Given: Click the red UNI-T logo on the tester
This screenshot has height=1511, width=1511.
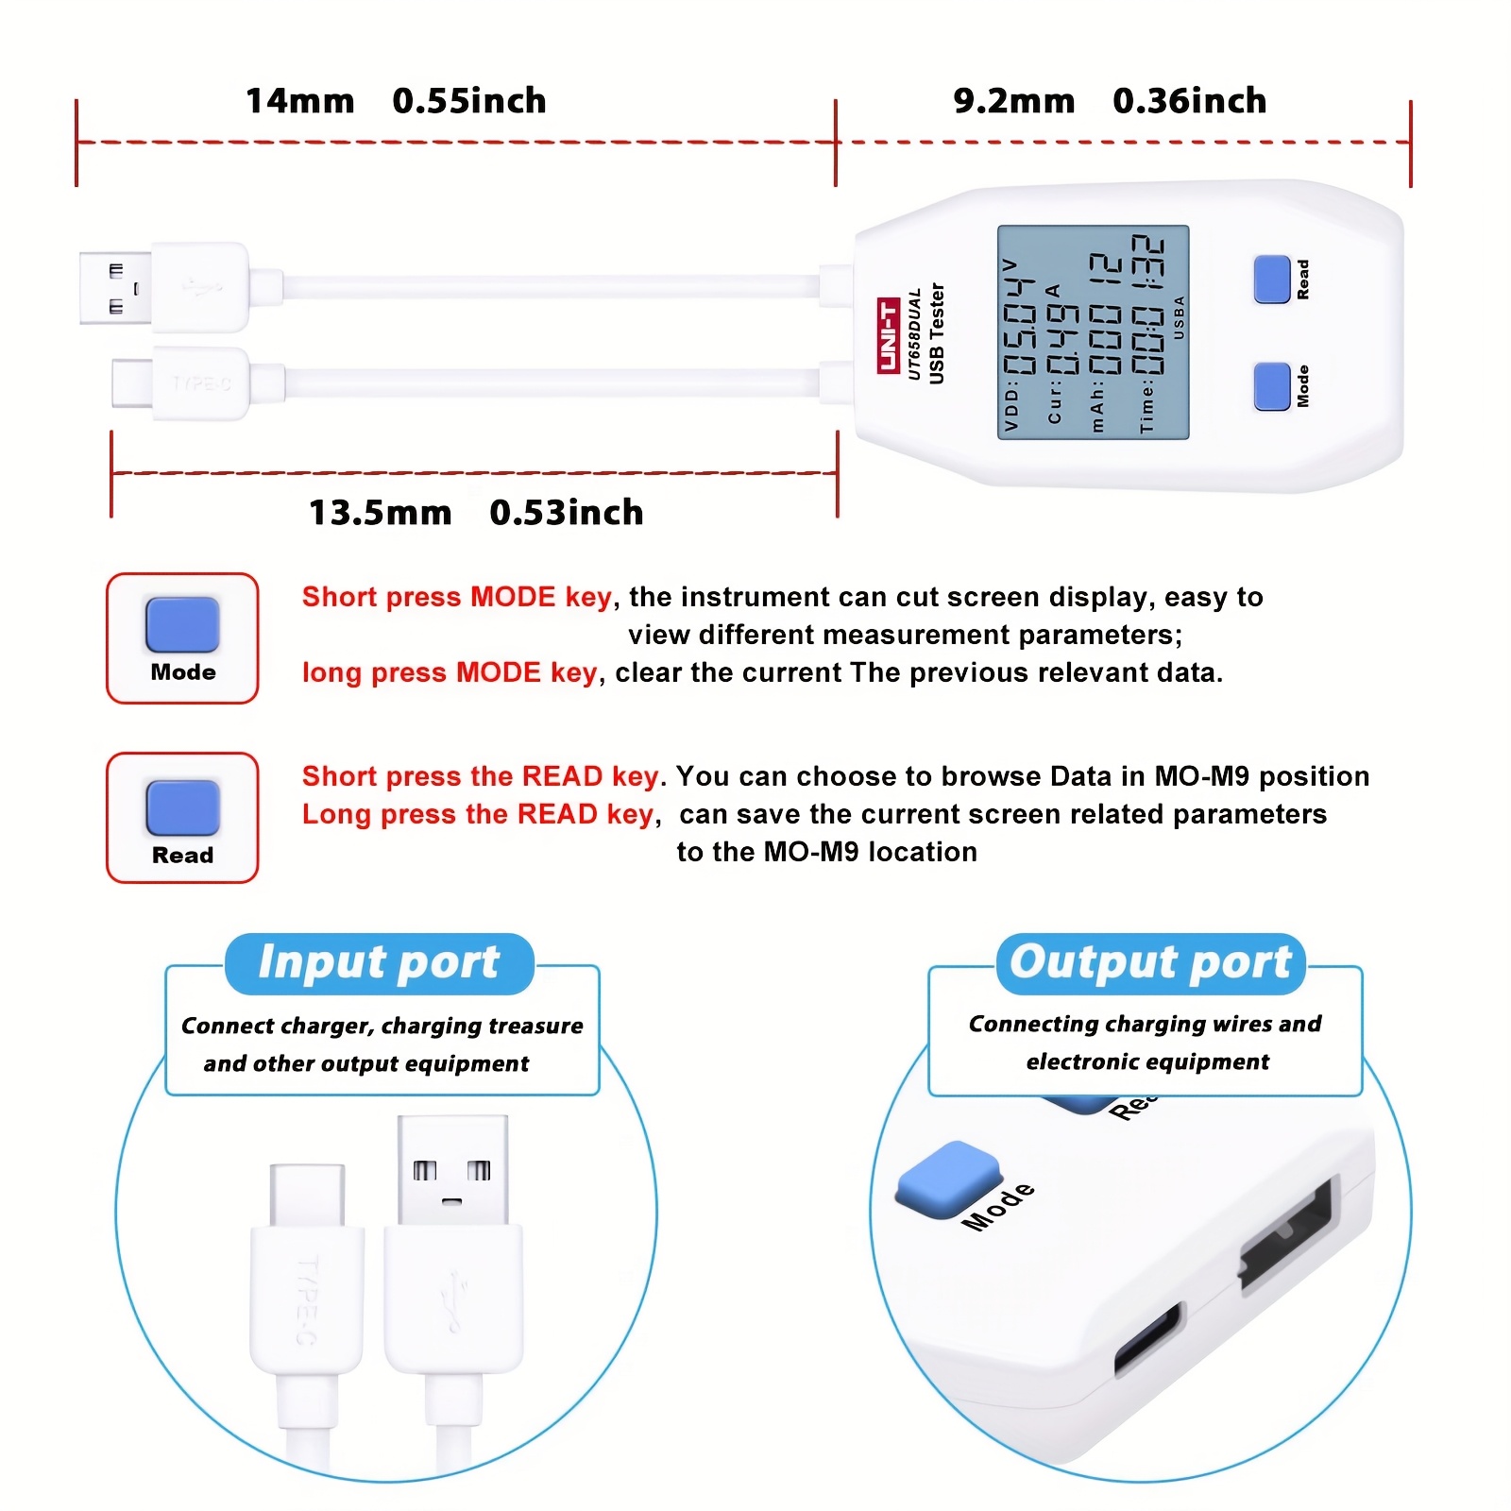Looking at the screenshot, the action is tap(888, 335).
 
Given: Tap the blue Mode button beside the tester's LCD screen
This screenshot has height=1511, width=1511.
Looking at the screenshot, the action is tap(1271, 386).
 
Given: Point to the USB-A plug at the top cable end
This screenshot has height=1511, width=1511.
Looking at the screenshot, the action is tap(115, 288).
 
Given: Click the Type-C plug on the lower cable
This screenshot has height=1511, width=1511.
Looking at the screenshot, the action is tap(132, 382).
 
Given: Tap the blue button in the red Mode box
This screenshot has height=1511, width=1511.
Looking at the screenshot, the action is tap(182, 624).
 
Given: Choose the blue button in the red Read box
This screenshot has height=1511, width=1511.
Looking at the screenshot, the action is tap(182, 807).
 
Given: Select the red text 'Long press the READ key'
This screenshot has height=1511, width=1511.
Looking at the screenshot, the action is tap(478, 814).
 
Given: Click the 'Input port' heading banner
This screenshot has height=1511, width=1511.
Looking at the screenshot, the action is tap(379, 963).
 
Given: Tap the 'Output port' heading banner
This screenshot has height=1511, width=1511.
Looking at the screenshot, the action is tap(1150, 963).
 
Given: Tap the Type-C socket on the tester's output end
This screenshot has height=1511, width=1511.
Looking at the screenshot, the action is tap(1148, 1340).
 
